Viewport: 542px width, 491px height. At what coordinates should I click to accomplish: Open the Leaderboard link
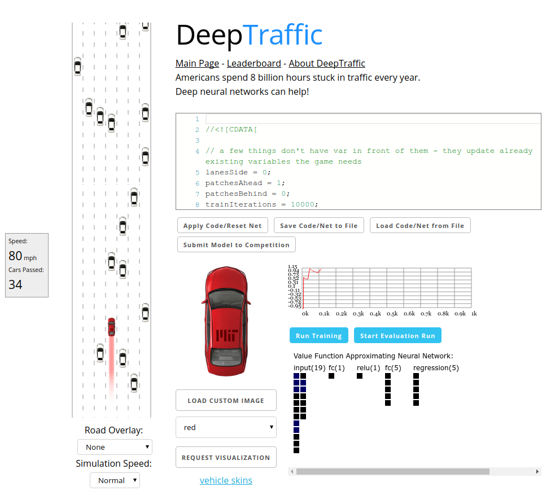[x=253, y=64]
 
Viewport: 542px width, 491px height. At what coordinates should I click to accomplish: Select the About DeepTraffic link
[x=327, y=64]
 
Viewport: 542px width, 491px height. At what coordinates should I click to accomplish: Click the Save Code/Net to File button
[x=319, y=226]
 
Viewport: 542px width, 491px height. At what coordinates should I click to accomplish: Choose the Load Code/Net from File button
[x=420, y=226]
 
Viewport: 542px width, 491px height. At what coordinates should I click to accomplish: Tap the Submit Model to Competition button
[x=236, y=245]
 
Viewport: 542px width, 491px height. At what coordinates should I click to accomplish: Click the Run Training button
[x=318, y=336]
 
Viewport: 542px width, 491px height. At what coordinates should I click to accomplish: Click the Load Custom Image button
[x=226, y=401]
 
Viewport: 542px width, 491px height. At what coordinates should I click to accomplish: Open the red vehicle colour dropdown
[x=226, y=428]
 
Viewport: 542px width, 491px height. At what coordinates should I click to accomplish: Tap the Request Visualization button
[x=226, y=458]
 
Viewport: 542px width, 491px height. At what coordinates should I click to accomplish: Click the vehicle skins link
[x=226, y=480]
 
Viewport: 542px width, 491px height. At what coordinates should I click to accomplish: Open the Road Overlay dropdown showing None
[x=115, y=447]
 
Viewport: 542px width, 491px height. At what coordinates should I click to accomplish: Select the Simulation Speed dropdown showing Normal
[x=115, y=480]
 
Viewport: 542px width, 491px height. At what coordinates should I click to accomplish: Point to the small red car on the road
[x=111, y=326]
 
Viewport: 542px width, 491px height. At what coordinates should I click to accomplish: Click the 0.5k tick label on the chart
[x=392, y=313]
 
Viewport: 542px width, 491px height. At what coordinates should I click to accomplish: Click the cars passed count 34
[x=16, y=284]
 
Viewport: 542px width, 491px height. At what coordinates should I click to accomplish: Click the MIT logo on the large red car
[x=228, y=335]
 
